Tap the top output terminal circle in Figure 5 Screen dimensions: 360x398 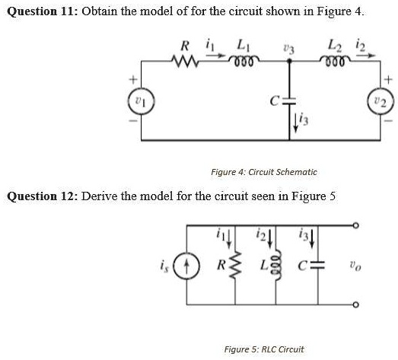pos(355,226)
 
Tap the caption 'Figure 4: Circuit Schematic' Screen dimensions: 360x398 pos(264,173)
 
